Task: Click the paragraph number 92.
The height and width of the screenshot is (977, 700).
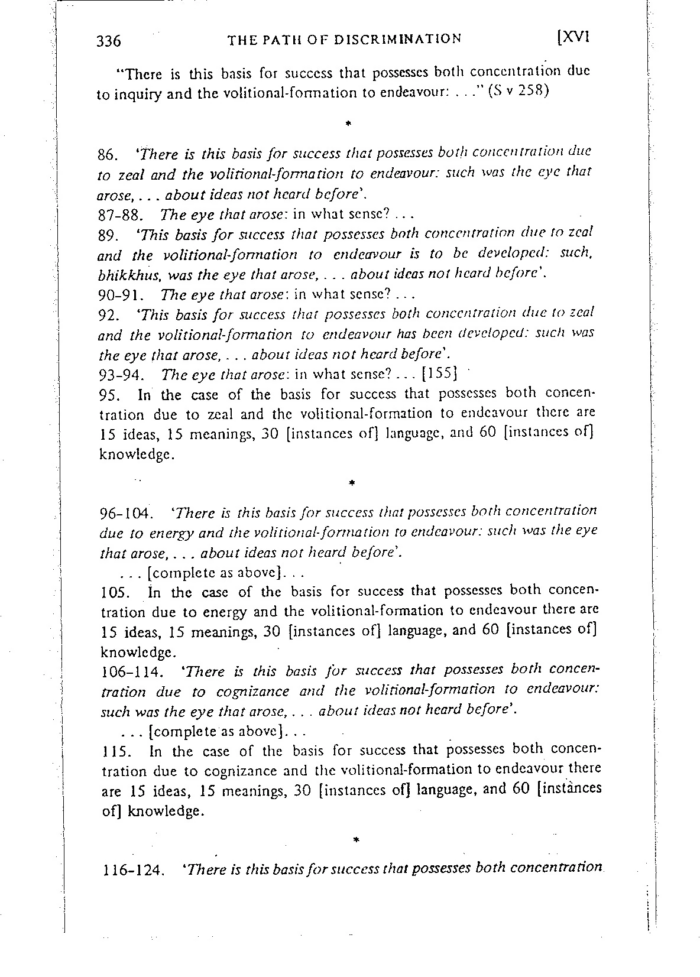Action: pos(108,314)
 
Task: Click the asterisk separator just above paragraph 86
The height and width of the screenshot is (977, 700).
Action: pos(349,124)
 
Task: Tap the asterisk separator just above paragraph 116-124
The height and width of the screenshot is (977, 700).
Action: pos(355,839)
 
